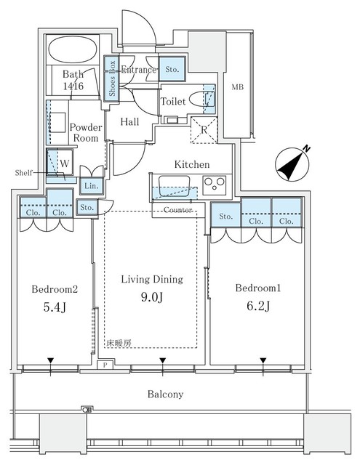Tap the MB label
point(237,87)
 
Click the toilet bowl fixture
point(200,100)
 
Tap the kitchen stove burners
point(215,182)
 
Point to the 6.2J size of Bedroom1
point(258,305)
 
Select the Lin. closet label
point(91,187)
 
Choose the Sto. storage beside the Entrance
point(172,70)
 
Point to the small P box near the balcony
point(106,365)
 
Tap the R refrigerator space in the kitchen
point(204,132)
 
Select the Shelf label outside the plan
point(24,172)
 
